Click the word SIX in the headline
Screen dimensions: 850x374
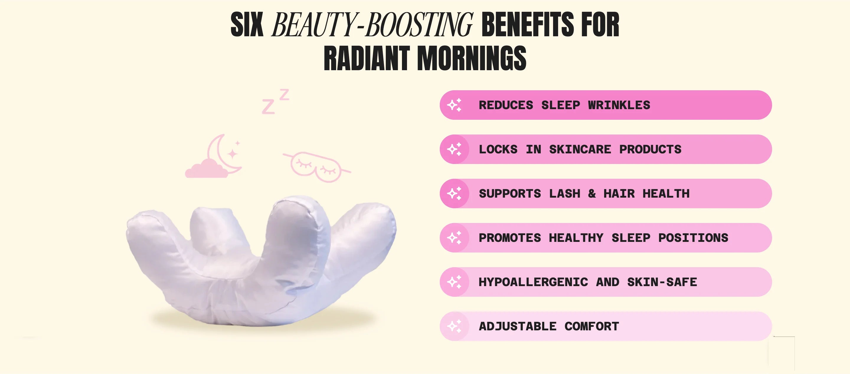247,24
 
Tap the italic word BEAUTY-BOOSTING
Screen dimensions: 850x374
372,24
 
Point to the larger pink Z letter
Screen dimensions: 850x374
268,106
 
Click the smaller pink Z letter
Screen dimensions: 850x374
285,94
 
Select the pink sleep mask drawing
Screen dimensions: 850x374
316,167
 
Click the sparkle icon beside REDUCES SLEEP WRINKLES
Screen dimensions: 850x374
455,105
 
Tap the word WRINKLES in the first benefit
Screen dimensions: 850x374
619,105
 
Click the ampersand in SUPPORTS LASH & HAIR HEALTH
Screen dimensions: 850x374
592,193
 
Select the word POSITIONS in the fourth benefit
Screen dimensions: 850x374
693,238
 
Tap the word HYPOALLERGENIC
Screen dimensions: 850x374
533,282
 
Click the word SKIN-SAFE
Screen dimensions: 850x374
662,282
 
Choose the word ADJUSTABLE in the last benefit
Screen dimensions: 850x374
518,326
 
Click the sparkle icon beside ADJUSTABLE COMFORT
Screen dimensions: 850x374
455,326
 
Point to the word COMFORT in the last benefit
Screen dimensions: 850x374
592,326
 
